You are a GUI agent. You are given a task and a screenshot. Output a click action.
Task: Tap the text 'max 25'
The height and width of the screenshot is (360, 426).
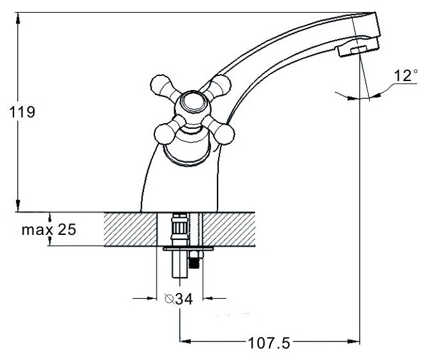tap(49, 230)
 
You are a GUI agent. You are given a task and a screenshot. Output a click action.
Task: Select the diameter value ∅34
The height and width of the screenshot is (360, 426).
tap(179, 297)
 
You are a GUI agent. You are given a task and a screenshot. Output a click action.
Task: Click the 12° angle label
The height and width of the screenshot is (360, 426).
tap(404, 76)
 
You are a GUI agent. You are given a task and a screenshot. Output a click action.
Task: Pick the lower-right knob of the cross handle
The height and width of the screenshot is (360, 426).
tap(224, 133)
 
